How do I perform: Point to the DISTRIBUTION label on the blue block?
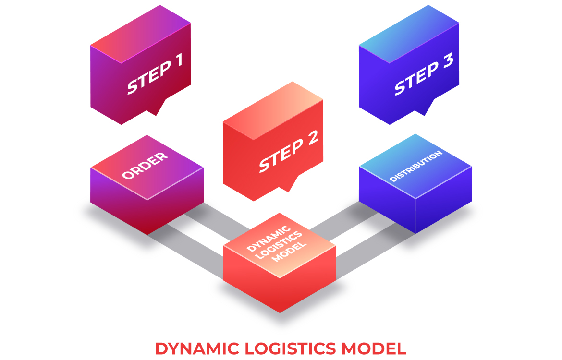[x=415, y=166]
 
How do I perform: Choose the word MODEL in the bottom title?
[x=377, y=348]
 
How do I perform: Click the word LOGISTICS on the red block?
[x=279, y=244]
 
